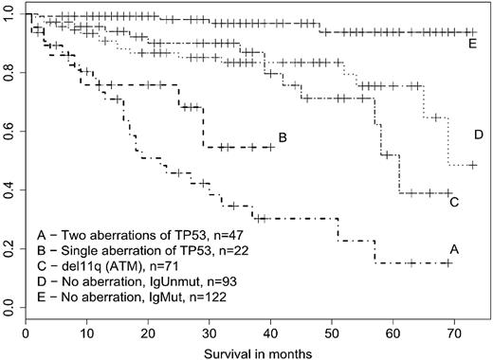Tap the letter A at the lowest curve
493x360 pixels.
point(454,249)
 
